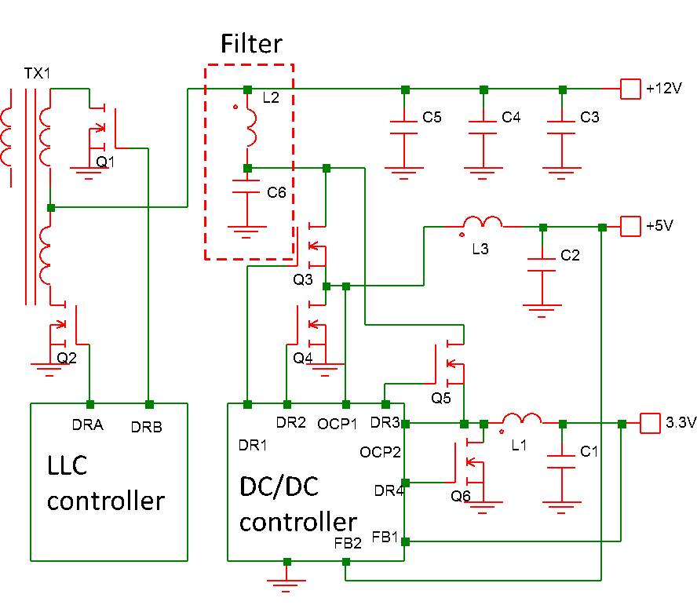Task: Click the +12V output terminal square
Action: pyautogui.click(x=631, y=89)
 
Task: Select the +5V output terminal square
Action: pyautogui.click(x=631, y=227)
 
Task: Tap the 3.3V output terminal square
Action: pyautogui.click(x=651, y=423)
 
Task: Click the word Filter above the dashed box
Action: pyautogui.click(x=250, y=43)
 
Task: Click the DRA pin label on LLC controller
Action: pyautogui.click(x=88, y=425)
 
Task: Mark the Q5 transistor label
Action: pyautogui.click(x=441, y=398)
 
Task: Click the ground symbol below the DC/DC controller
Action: pyautogui.click(x=286, y=581)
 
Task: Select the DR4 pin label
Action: pyautogui.click(x=388, y=490)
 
